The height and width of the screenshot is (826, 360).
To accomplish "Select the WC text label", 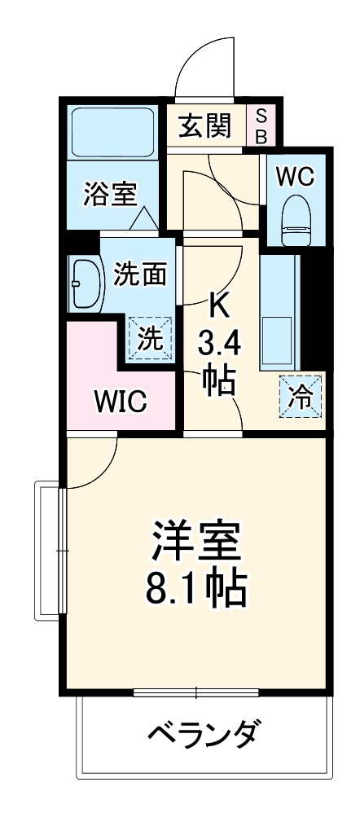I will [294, 177].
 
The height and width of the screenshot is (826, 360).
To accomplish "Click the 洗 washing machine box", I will [150, 337].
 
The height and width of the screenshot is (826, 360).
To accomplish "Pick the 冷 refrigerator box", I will [301, 398].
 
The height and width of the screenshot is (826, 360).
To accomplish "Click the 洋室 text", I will [195, 543].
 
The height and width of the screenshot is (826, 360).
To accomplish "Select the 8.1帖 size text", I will [195, 589].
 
